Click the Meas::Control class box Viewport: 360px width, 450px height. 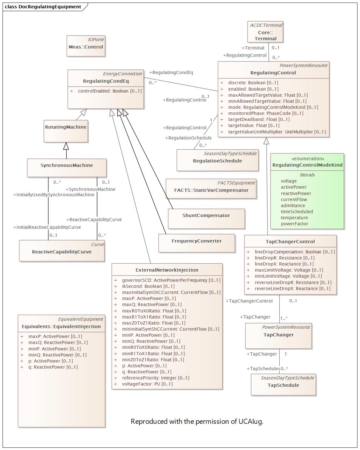tap(86, 47)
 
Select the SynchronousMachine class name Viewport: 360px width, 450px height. tap(67, 165)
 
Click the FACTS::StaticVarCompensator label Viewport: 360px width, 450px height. tap(211, 190)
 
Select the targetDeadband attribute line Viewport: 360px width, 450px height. tap(259, 119)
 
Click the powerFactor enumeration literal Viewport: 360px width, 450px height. tap(294, 224)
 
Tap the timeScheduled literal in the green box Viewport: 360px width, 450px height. tap(297, 212)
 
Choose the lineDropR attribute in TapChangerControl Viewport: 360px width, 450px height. tap(284, 258)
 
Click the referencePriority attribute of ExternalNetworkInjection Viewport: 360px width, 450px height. tap(155, 378)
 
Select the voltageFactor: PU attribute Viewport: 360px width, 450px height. tap(147, 384)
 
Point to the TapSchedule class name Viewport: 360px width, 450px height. tap(283, 385)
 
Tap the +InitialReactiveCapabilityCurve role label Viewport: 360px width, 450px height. tap(47, 227)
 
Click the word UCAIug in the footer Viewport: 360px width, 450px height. tap(251, 422)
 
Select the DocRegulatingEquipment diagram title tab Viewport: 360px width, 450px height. tap(43, 7)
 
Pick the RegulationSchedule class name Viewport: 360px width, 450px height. tap(217, 161)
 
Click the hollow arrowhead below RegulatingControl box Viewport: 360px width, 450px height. tap(266, 141)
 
